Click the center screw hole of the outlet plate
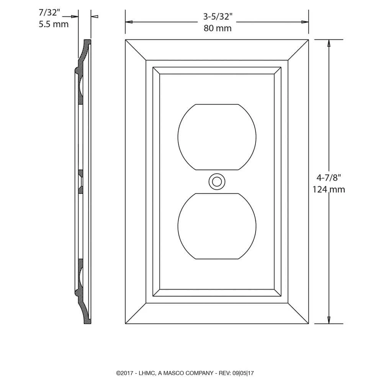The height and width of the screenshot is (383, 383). [217, 182]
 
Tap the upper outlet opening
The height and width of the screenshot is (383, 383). [217, 137]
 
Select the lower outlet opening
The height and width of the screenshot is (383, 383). [217, 226]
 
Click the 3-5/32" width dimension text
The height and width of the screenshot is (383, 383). [217, 17]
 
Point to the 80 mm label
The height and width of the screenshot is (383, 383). [217, 28]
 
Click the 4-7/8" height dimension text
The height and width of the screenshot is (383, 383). [328, 178]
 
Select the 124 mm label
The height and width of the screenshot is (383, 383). [328, 189]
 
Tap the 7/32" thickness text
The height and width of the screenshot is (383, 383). [49, 12]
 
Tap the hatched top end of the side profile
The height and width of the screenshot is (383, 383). [88, 43]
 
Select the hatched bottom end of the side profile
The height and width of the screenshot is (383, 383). [88, 321]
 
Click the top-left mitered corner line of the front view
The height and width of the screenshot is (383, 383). [136, 50]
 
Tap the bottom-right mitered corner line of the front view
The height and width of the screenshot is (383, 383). [298, 314]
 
